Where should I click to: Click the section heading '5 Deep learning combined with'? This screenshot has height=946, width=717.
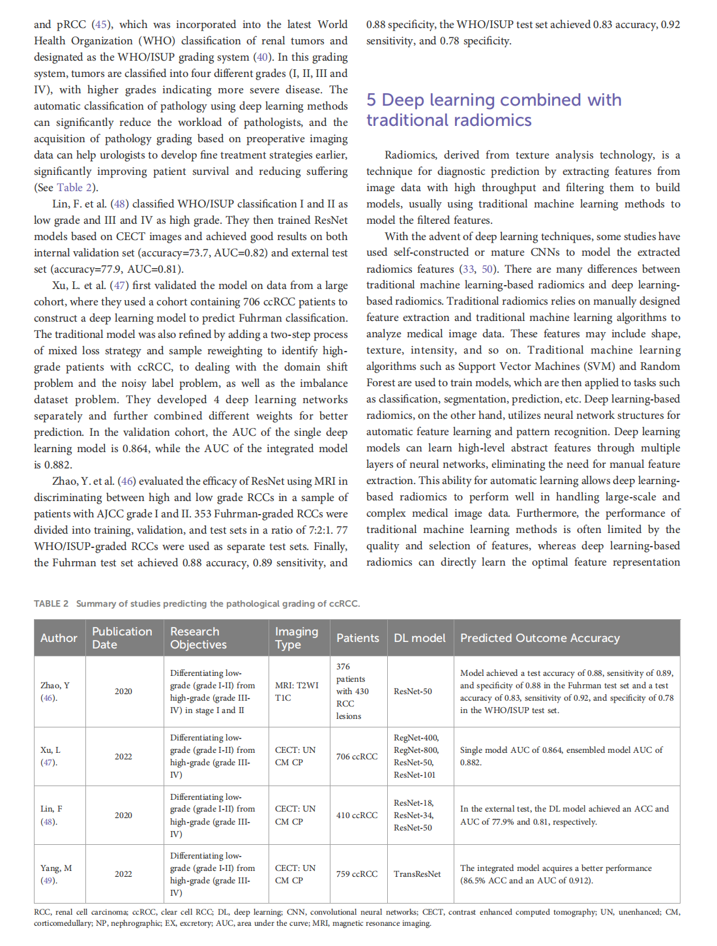(x=493, y=100)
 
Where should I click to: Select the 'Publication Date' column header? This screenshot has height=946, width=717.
(x=122, y=638)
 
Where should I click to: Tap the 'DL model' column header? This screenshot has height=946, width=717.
(x=419, y=638)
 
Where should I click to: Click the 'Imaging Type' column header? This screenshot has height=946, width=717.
(x=297, y=638)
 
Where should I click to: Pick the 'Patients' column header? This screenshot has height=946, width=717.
(x=357, y=638)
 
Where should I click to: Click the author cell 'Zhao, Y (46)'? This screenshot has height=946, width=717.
(x=55, y=692)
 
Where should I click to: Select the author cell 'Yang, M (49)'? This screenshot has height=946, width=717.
(x=56, y=874)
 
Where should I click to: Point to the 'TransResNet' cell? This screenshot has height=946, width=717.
(x=417, y=874)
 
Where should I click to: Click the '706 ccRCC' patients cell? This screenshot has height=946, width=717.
(x=357, y=757)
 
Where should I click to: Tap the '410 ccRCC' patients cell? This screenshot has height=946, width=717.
(x=357, y=816)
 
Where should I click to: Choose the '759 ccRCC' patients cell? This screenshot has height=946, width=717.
(x=357, y=874)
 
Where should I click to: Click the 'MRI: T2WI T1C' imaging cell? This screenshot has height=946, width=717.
(x=297, y=692)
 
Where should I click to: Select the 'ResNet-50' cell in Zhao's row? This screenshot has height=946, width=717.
(x=413, y=692)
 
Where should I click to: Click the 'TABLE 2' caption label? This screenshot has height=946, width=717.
(x=51, y=603)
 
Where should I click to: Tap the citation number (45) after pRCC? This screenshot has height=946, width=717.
(x=101, y=25)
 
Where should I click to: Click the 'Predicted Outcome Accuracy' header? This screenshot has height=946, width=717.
(x=540, y=638)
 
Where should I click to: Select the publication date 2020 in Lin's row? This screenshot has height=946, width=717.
(x=123, y=816)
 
